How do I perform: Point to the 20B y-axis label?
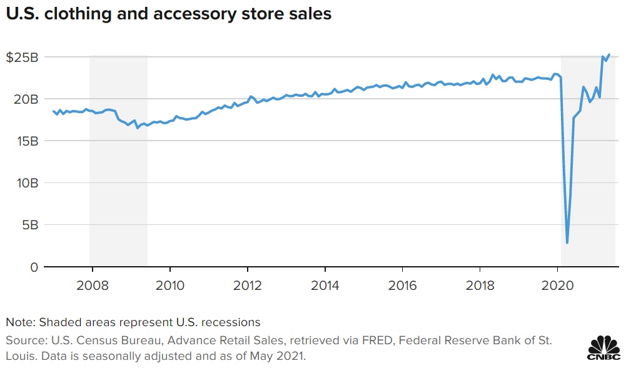click(26, 99)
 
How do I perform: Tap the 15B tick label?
click(27, 141)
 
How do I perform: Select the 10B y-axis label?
click(27, 182)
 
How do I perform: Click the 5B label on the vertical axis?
click(29, 224)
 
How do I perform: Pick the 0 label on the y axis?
click(34, 267)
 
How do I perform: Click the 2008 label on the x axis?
click(93, 285)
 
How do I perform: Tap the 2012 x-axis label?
click(248, 285)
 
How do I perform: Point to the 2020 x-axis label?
click(557, 285)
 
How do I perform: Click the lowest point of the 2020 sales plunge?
click(567, 242)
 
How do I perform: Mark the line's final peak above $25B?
click(609, 54)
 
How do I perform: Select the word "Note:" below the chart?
click(21, 322)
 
